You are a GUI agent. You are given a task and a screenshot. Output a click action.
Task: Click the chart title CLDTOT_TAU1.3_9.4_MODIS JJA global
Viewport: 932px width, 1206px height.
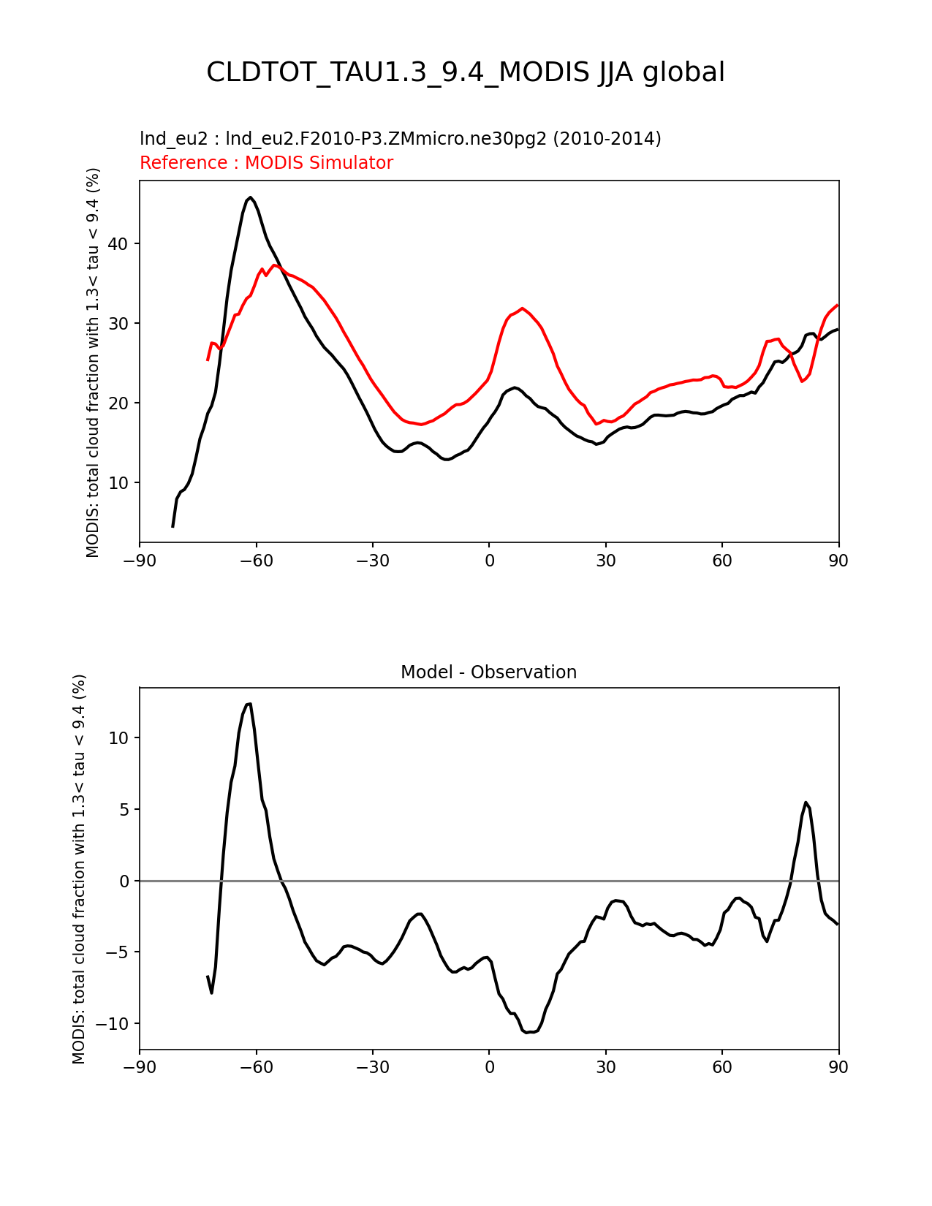coord(466,72)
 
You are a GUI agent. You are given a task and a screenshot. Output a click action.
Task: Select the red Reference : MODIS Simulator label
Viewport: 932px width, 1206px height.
coord(266,163)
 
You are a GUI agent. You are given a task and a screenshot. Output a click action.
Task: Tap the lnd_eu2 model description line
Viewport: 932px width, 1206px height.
coord(400,139)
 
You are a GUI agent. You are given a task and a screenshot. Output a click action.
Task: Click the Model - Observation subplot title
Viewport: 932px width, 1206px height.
coord(488,672)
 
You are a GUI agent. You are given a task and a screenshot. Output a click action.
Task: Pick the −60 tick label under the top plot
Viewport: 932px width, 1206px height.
coord(256,561)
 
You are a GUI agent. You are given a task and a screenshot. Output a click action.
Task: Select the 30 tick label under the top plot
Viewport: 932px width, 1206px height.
coord(605,561)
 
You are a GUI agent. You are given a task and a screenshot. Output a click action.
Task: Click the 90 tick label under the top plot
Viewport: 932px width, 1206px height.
coord(838,561)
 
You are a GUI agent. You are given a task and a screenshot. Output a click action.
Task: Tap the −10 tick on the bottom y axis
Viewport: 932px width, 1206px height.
coord(114,1024)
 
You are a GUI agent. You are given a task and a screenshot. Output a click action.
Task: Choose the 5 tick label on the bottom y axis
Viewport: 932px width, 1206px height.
coord(124,810)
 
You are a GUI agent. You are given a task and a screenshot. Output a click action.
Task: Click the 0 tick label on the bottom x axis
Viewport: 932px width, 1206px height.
coord(489,1067)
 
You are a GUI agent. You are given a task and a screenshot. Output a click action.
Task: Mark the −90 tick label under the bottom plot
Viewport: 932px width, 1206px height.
coord(140,1067)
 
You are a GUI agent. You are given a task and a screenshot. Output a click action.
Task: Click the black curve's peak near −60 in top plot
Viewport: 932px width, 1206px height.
coord(250,197)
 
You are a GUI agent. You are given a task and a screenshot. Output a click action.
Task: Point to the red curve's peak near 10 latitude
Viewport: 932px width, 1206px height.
coord(522,308)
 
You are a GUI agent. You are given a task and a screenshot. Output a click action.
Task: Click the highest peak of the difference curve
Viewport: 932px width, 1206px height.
coord(249,704)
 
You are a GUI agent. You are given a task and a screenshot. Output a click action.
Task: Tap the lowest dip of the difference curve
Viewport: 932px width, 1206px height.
coord(527,1033)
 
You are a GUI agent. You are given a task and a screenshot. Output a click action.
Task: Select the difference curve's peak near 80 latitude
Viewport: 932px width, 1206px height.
coord(806,803)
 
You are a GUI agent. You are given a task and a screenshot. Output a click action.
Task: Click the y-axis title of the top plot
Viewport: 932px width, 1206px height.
coord(93,363)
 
